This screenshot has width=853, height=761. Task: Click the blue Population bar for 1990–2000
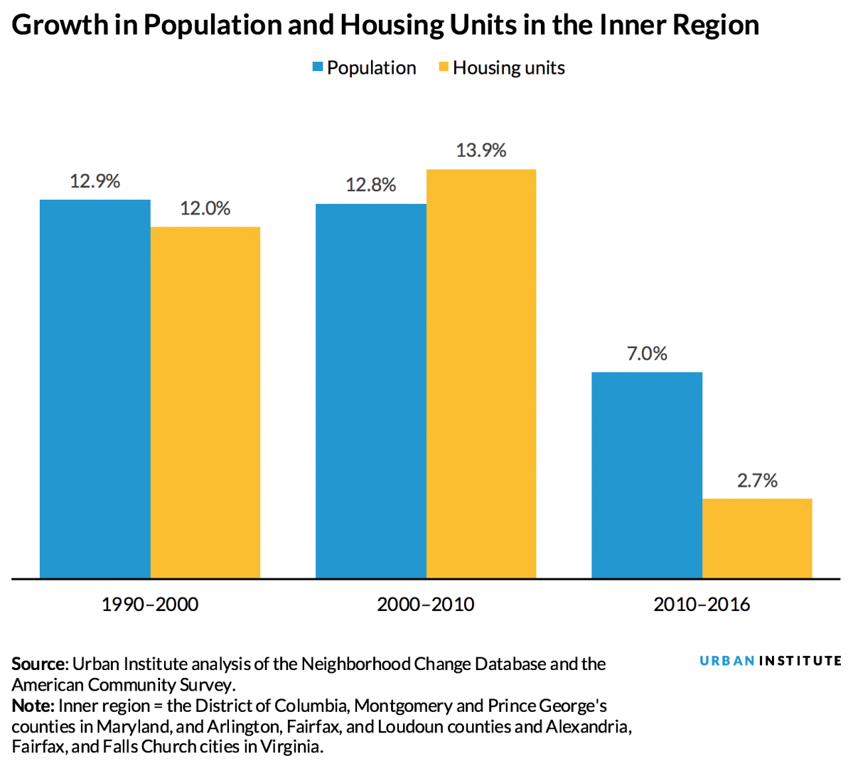(x=95, y=389)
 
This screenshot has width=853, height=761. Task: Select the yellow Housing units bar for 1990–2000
(x=205, y=402)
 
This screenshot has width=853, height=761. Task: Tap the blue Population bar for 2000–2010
(x=370, y=391)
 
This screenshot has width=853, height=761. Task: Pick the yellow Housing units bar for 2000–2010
(x=481, y=374)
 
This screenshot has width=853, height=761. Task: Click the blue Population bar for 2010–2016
(x=647, y=475)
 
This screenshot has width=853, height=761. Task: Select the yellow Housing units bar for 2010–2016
(x=757, y=538)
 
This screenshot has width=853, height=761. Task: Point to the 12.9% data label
(x=95, y=181)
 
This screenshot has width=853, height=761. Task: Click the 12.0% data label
(x=205, y=208)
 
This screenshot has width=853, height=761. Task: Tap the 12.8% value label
(x=370, y=185)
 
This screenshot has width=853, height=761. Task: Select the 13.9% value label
(x=481, y=150)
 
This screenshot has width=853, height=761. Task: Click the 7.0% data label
(x=647, y=353)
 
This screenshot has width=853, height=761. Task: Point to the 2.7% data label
(x=757, y=480)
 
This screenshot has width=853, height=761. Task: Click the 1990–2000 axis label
(x=150, y=605)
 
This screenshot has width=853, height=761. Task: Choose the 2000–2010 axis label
(x=426, y=605)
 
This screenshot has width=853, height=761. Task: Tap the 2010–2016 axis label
(x=702, y=605)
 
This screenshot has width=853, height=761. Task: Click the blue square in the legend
(x=318, y=68)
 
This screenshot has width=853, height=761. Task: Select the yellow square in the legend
(x=444, y=68)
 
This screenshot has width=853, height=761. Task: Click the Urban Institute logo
(x=771, y=661)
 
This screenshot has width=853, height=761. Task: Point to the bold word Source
(x=38, y=664)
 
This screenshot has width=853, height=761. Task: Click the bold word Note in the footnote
(x=32, y=706)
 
